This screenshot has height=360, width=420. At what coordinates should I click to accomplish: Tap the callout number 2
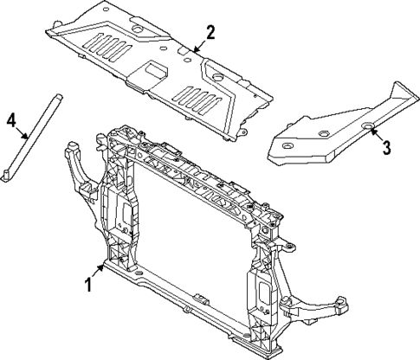[x=210, y=34]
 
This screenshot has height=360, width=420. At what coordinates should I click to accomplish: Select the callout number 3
[x=387, y=146]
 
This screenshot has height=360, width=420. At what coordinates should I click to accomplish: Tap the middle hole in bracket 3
[x=321, y=133]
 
